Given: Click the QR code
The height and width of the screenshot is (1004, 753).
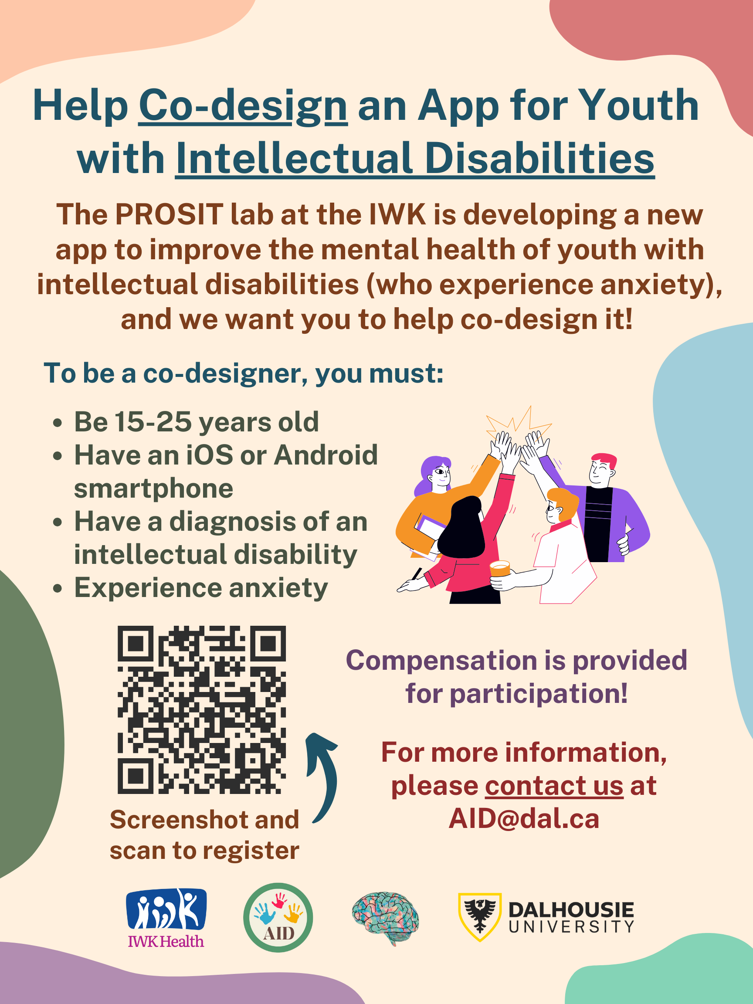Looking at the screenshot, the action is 201,709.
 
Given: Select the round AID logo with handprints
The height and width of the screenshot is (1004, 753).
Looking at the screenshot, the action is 278,917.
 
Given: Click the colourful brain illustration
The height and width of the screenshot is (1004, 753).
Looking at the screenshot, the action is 385,917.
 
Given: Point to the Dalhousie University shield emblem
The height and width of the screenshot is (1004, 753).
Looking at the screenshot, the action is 480,917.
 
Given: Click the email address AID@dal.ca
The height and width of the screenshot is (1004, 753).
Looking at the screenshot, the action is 524,819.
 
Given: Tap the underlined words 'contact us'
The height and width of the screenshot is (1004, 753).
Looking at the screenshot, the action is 554,786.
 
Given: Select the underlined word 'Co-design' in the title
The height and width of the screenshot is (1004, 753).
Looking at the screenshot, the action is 243,106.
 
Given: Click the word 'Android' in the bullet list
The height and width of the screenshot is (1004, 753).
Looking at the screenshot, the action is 326,455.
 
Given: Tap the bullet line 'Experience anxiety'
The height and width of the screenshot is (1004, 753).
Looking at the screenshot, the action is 201,589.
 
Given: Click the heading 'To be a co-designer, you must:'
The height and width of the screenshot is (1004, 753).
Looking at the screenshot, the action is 243,374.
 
